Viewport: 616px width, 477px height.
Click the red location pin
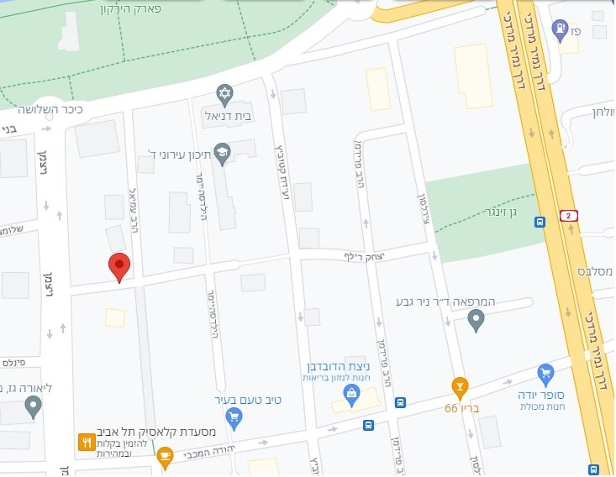click(x=120, y=266)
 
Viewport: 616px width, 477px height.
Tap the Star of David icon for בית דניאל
click(x=224, y=92)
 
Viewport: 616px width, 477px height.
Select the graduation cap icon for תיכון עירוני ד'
click(x=222, y=152)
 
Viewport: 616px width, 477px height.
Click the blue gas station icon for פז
click(x=559, y=30)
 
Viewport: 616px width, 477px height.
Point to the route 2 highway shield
click(x=569, y=217)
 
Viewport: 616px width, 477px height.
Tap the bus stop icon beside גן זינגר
click(x=540, y=223)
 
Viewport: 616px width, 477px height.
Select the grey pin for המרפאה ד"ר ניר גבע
click(x=476, y=319)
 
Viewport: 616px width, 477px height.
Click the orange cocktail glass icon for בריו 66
click(x=459, y=386)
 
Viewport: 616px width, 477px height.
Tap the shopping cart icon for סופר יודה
click(x=545, y=373)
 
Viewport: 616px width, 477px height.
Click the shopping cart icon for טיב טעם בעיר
click(x=234, y=417)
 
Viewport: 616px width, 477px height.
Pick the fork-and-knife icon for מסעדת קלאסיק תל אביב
click(x=86, y=441)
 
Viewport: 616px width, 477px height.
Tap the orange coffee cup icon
click(x=165, y=456)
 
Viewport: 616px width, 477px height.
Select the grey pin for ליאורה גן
click(x=33, y=407)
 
